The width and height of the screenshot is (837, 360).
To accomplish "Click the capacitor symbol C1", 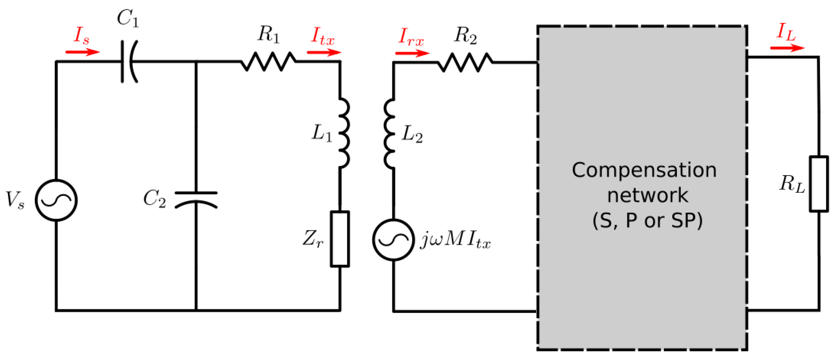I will point(129,61).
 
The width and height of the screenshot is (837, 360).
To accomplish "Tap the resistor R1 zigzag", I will point(268,61).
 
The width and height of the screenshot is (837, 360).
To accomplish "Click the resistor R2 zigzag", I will point(465,62).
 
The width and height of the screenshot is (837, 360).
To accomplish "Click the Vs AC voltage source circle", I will point(56,200).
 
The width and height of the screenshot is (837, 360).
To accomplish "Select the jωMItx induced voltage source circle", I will point(393,240).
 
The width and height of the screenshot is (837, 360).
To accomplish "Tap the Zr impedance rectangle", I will point(340,239).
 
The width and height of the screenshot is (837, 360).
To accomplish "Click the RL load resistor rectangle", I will point(818,184).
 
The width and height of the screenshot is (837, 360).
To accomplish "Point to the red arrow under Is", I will point(82,52).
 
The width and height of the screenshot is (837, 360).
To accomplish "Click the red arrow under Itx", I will point(324,52).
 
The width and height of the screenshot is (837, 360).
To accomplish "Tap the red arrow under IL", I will point(787,48).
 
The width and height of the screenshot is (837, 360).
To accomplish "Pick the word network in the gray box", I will point(647,195).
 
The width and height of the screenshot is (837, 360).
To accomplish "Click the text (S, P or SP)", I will point(647,221).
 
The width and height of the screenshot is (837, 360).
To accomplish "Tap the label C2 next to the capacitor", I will point(155,199).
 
